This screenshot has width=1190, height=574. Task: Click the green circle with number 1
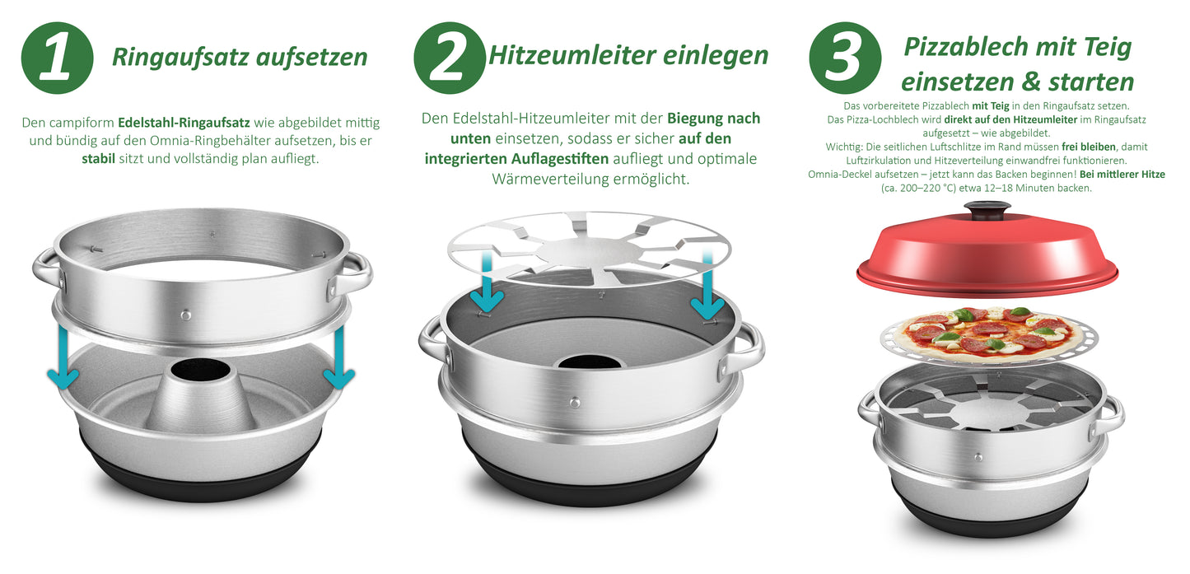point(57,58)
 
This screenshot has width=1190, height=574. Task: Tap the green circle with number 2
point(450,58)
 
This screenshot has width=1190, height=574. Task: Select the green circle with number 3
point(846,58)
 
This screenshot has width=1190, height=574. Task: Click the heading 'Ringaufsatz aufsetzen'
point(240,57)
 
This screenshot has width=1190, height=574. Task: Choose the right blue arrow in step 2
point(706,296)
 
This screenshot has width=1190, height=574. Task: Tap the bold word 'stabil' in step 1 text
point(98,158)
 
